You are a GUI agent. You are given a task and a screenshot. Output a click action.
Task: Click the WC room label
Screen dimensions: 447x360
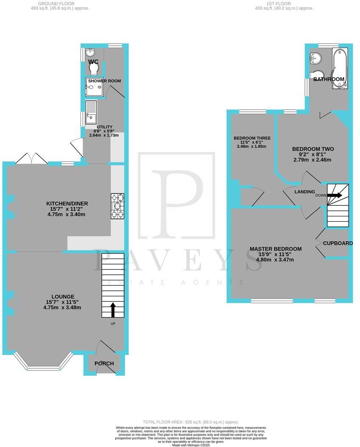pos(93,62)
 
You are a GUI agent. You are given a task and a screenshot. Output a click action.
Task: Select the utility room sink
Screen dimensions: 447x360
pos(91,111)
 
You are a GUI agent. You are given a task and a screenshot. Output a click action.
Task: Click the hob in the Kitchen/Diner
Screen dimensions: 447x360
pos(118,206)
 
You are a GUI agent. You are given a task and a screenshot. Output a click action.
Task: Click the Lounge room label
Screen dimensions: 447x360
pos(63,296)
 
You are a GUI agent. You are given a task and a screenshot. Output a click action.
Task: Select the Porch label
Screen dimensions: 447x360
pos(104,363)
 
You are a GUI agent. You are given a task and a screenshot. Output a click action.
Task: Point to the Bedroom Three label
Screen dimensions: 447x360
pos(252,138)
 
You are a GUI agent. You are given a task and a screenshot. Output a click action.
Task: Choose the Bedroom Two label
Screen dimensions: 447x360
pos(313,149)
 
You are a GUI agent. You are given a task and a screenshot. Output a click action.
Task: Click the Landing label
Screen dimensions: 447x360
pos(305,191)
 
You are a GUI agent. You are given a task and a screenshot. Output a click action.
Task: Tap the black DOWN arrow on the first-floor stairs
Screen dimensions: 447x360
pos(334,196)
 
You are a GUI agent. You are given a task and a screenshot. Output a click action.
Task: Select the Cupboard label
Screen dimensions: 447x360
pos(338,243)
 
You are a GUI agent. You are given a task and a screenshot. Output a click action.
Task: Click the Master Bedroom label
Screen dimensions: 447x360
pos(276,249)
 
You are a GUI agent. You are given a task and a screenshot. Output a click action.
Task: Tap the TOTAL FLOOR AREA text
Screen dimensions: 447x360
pos(163,422)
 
